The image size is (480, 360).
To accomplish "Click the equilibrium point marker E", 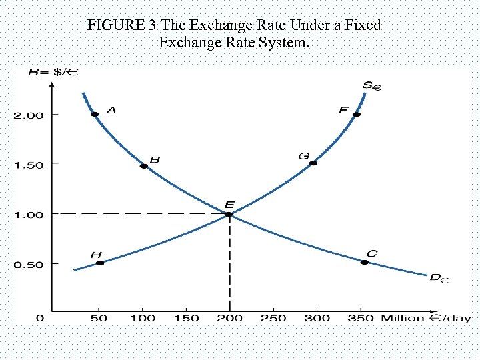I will pyautogui.click(x=229, y=214).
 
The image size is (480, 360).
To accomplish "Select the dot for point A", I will pyautogui.click(x=95, y=115).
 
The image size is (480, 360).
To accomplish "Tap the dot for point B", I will pyautogui.click(x=143, y=166).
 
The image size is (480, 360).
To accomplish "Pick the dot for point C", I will pyautogui.click(x=364, y=263).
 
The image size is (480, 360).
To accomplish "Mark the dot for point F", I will pyautogui.click(x=357, y=115).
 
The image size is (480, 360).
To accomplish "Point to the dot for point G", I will pyautogui.click(x=313, y=163).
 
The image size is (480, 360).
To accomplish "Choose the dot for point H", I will pyautogui.click(x=100, y=263).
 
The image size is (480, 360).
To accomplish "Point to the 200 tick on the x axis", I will pyautogui.click(x=230, y=318).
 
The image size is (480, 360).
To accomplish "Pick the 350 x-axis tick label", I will pyautogui.click(x=361, y=318).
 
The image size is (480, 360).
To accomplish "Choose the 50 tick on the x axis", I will pyautogui.click(x=99, y=318).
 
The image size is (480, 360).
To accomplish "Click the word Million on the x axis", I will pyautogui.click(x=402, y=318).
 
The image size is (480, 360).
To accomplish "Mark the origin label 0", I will pyautogui.click(x=39, y=318).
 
